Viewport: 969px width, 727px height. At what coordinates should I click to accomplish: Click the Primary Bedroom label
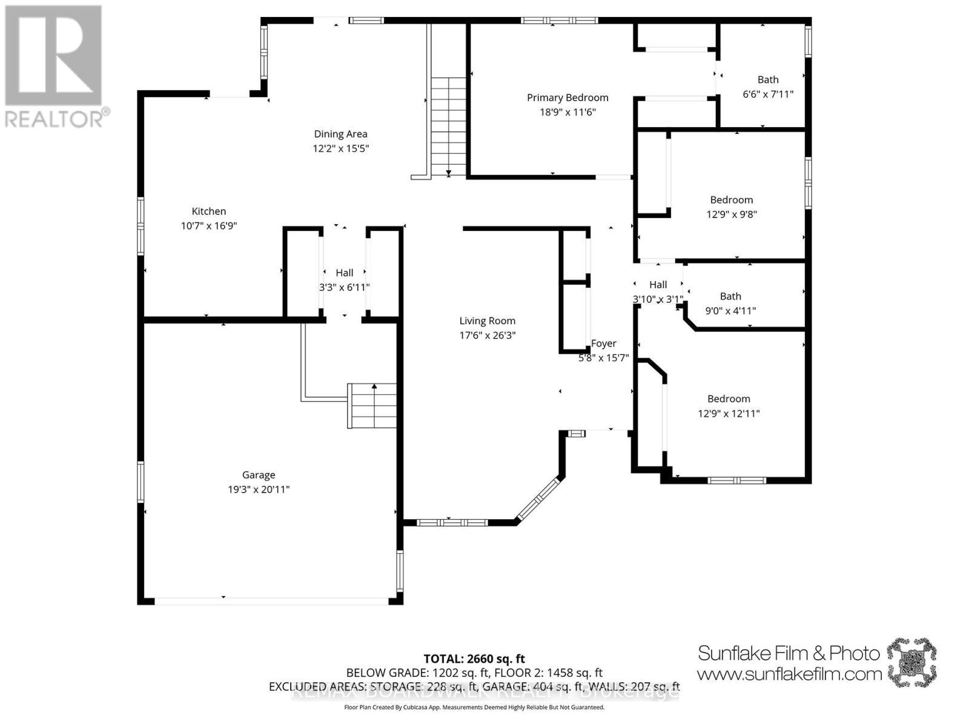(567, 98)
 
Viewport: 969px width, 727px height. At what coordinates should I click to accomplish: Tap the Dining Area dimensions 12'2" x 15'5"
(341, 148)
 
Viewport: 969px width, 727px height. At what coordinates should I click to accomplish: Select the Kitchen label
(209, 211)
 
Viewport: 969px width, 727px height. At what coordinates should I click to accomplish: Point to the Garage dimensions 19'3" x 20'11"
(259, 490)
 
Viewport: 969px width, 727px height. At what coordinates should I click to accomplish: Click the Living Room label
(487, 321)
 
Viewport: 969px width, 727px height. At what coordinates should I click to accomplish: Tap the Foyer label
(604, 344)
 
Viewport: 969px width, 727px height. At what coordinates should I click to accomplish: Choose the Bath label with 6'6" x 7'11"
(768, 80)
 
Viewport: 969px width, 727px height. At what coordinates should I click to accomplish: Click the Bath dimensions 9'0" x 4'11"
(730, 311)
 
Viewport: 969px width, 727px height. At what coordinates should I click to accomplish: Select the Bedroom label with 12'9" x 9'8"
(732, 200)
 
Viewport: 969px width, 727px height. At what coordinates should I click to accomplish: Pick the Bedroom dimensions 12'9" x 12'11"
(729, 414)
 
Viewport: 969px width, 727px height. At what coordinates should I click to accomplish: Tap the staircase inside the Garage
(372, 406)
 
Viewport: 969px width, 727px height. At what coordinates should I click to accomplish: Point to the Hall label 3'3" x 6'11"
(344, 273)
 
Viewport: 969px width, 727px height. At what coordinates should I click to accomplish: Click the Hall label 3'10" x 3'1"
(658, 285)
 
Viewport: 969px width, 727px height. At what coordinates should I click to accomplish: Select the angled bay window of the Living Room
(540, 499)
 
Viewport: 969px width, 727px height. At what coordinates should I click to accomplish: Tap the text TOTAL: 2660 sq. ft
(474, 659)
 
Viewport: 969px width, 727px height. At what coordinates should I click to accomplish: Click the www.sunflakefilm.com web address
(789, 674)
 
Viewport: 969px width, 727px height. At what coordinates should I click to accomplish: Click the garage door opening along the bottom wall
(271, 601)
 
